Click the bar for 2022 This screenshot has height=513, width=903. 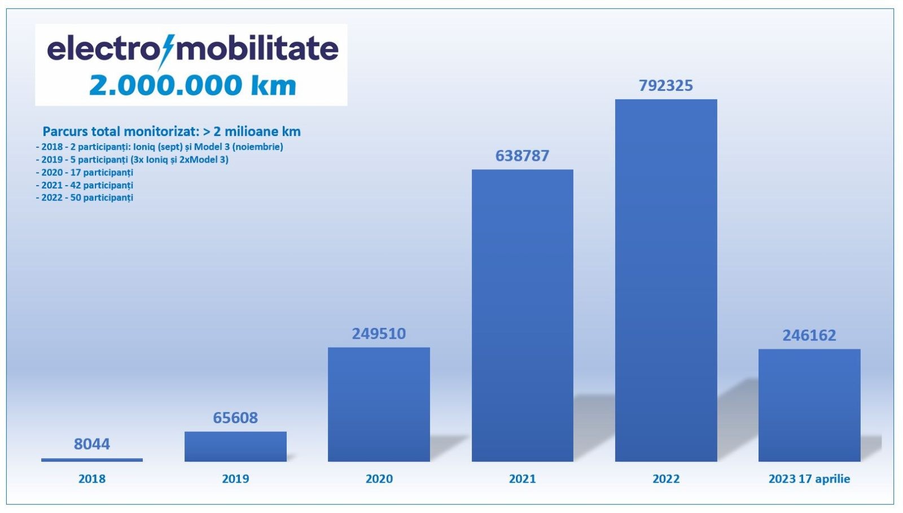click(x=666, y=280)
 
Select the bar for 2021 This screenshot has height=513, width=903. click(x=523, y=315)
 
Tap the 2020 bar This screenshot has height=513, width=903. click(x=379, y=404)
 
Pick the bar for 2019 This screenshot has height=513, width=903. click(x=235, y=446)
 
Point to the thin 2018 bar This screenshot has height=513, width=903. click(x=92, y=460)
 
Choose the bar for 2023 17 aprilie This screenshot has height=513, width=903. click(x=809, y=405)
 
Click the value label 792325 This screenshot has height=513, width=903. click(x=666, y=85)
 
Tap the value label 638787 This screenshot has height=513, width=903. click(x=523, y=156)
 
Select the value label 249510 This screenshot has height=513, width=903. click(x=379, y=334)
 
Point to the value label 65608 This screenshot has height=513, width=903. click(x=235, y=418)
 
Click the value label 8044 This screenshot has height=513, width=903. click(x=92, y=444)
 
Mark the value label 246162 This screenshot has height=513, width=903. click(x=809, y=335)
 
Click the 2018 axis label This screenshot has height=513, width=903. click(x=92, y=479)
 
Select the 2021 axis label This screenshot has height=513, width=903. click(x=523, y=479)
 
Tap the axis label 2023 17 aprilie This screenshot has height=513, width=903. click(x=809, y=479)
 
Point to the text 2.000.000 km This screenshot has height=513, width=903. click(x=192, y=85)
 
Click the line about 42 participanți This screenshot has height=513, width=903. click(x=85, y=185)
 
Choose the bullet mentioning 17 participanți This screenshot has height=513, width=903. click(x=85, y=173)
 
